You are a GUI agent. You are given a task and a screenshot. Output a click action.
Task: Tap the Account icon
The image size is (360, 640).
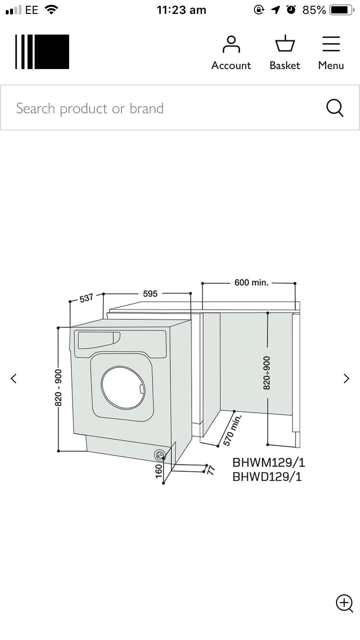pos(231,45)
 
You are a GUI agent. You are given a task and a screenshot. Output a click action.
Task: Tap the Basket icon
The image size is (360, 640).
pos(285,44)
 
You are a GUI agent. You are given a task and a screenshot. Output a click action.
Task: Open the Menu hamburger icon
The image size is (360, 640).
pos(331,44)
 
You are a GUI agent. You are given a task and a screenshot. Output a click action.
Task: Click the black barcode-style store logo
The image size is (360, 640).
pos(42,52)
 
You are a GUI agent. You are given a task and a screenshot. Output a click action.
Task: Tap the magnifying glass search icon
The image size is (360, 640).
pos(335,108)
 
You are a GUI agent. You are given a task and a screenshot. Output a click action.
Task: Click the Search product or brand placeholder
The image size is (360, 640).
pos(90,108)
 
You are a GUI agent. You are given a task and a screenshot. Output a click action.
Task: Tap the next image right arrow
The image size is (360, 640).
pos(346,379)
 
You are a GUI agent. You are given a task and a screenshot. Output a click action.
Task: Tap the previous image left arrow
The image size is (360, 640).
pos(13,379)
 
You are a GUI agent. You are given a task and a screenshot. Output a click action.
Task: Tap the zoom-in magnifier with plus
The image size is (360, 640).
pos(344,603)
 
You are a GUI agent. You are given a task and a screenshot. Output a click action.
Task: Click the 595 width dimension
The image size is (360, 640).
pos(150,294)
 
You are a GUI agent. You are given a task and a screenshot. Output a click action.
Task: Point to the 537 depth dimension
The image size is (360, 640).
pos(86,298)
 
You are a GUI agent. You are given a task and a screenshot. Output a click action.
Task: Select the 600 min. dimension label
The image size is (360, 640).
pos(251,283)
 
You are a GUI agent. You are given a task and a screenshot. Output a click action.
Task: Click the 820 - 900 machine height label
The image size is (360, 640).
pos(59,388)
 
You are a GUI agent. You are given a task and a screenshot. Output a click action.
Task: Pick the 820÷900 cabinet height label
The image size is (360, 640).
pos(267,372)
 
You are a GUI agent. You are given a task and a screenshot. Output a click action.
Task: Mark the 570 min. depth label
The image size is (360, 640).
pos(232,429)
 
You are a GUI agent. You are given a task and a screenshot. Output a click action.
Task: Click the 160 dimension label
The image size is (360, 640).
pos(159,471)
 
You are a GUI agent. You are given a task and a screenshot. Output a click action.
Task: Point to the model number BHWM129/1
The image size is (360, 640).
pos(268,462)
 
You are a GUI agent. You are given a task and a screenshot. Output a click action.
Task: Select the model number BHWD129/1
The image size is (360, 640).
pos(267,477)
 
